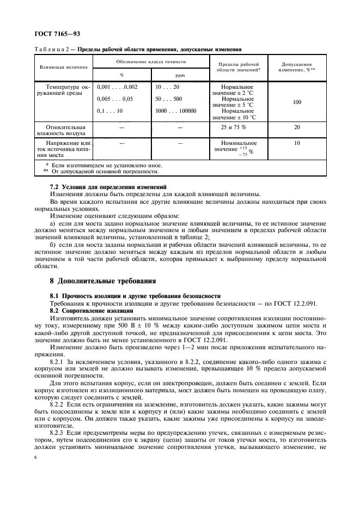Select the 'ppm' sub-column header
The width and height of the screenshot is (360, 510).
coord(180,75)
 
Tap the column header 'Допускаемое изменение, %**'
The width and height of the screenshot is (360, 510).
coord(297,68)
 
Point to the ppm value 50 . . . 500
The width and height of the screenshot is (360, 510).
coord(169,99)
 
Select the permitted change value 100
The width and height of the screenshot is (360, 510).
coord(297,101)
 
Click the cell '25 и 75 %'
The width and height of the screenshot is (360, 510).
coord(233,127)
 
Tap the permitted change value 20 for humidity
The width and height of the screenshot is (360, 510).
coord(297,127)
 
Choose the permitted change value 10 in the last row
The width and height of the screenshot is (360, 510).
coord(297,143)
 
